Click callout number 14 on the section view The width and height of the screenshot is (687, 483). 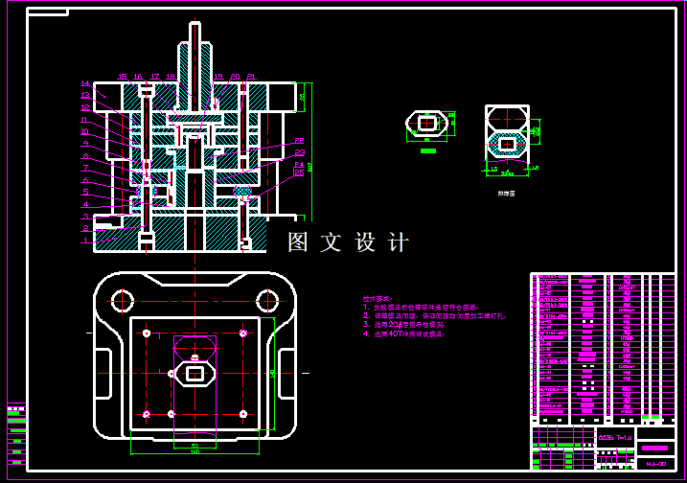[84, 83]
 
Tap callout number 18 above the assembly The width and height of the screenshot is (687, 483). [171, 76]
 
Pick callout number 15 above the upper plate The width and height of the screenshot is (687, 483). [123, 76]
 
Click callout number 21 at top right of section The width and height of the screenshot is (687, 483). [251, 76]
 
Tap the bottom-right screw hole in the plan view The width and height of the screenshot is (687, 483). [243, 414]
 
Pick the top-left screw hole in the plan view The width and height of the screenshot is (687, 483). [146, 333]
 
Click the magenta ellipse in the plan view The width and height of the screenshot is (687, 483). [195, 345]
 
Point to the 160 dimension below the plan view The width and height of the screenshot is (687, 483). [195, 450]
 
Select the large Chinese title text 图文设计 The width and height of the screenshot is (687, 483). [349, 242]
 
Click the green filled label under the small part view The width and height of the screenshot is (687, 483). [428, 149]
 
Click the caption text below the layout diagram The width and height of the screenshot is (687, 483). [505, 193]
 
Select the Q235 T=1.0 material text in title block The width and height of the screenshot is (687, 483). [615, 438]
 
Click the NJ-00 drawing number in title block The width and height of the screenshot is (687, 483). [656, 464]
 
